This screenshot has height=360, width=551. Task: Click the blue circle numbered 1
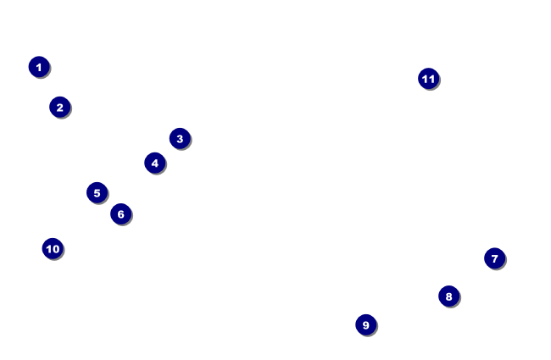coord(39,67)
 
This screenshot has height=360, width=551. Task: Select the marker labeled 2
coord(59,107)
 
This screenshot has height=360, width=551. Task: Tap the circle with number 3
coord(180,138)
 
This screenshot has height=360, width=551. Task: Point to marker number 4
coord(154,163)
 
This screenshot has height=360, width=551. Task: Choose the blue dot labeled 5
coord(97,192)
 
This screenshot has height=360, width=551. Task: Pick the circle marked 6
coord(120,213)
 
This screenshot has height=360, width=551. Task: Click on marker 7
coord(494,258)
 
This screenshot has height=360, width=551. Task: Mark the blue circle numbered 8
coord(448,296)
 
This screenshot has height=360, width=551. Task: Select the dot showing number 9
coord(365,324)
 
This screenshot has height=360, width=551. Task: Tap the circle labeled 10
coord(53,248)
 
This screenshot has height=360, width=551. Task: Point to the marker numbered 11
coord(428,79)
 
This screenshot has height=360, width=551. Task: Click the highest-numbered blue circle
coord(428,79)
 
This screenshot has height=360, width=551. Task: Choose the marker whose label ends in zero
coord(53,248)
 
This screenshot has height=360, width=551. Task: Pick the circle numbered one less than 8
coord(494,258)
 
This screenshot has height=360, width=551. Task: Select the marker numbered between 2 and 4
coord(180,138)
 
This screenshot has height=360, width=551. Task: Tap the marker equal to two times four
coord(448,296)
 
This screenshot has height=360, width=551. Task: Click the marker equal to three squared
coord(365,324)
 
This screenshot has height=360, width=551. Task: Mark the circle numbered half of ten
coord(97,192)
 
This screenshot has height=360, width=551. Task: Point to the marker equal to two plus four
coord(120,213)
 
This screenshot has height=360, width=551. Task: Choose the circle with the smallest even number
coord(59,107)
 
